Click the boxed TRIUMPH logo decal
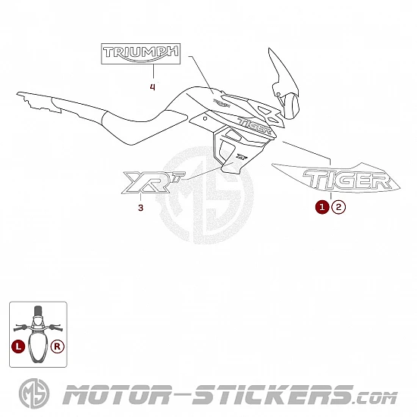[x=141, y=54]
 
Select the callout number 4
[x=152, y=86]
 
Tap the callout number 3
[x=141, y=208]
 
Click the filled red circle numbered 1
[x=322, y=207]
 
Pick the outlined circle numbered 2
[x=338, y=207]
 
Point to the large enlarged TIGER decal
[x=337, y=177]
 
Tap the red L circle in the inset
[x=18, y=346]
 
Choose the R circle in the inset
[x=58, y=346]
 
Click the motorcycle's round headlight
[x=290, y=106]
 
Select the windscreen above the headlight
[x=283, y=72]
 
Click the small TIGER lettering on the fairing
[x=255, y=126]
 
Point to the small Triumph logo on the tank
[x=221, y=103]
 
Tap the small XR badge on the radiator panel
[x=240, y=157]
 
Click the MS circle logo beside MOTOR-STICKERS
[x=34, y=393]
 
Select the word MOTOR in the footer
[x=116, y=394]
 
